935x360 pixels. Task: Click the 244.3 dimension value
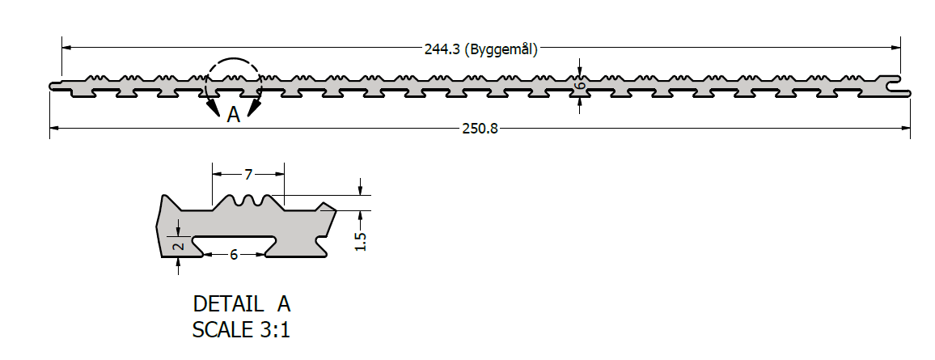[x=442, y=50]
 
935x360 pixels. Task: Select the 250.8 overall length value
[x=480, y=128]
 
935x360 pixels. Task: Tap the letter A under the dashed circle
[x=234, y=114]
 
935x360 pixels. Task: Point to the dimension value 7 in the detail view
[x=248, y=174]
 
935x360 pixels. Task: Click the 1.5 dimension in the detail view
[x=360, y=241]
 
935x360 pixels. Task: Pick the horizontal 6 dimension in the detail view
[x=234, y=255]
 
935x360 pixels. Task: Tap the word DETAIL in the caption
[x=228, y=304]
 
